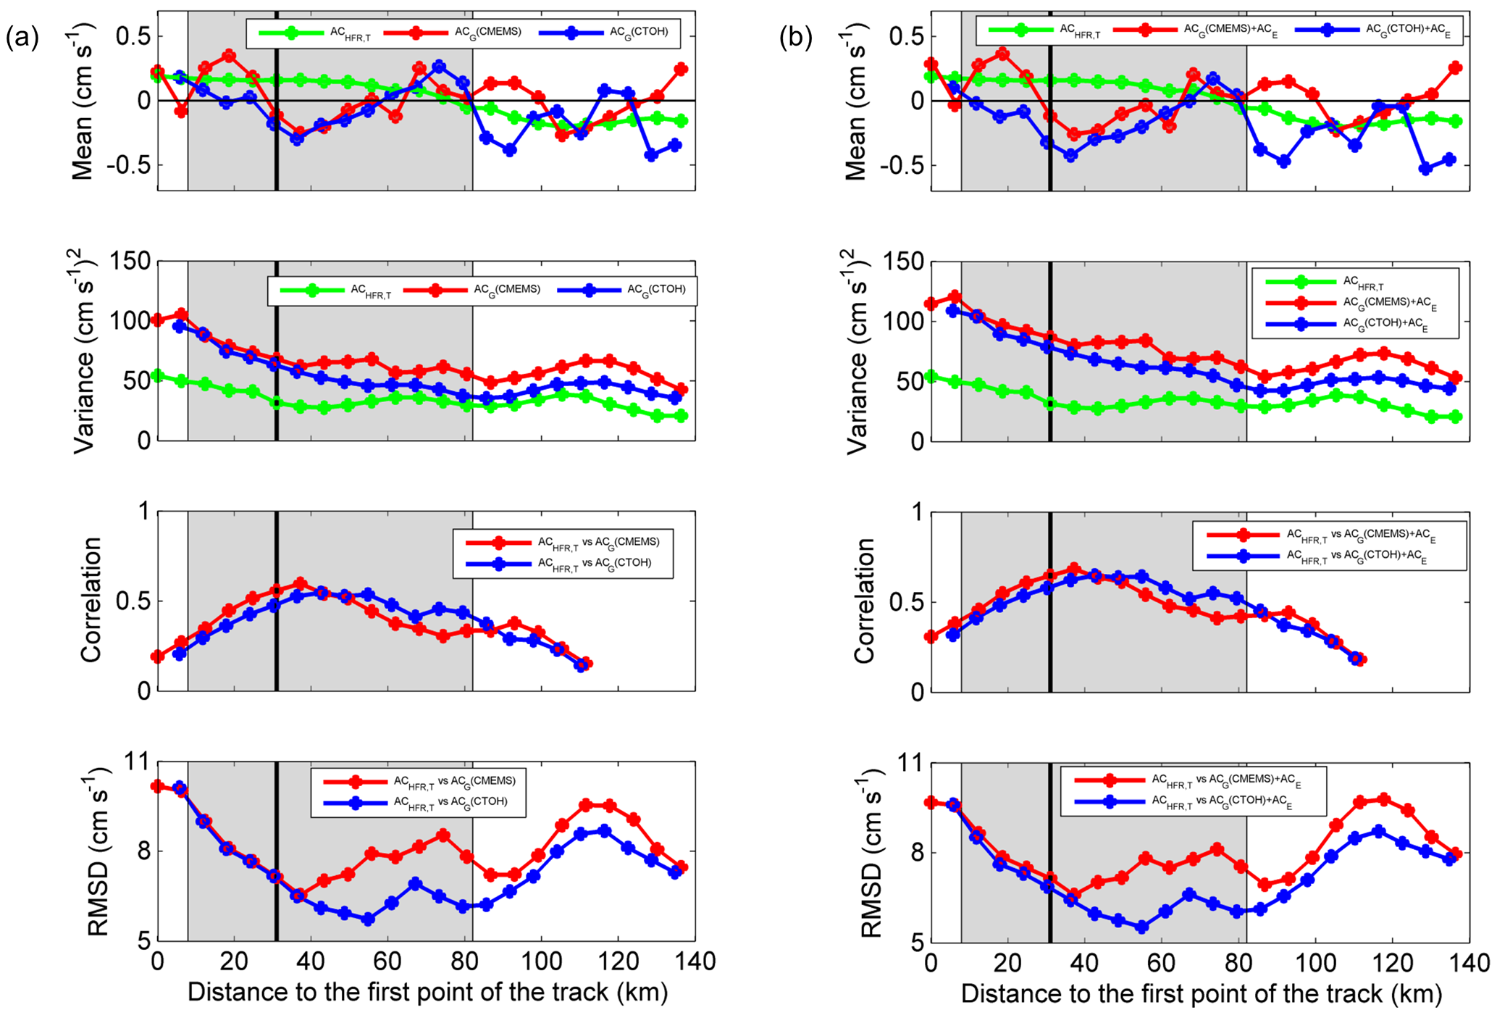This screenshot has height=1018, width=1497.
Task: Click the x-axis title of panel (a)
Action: (x=427, y=992)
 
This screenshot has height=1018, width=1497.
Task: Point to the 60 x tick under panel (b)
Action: (x=1162, y=963)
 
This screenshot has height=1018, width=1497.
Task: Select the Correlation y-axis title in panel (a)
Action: (x=91, y=601)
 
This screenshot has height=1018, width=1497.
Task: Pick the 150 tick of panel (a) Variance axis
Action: (x=130, y=262)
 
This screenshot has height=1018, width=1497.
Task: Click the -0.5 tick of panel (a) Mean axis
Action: (x=126, y=164)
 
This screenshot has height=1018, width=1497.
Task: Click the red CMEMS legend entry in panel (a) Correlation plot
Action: (x=597, y=542)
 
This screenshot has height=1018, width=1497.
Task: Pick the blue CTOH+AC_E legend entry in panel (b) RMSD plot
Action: (x=1225, y=803)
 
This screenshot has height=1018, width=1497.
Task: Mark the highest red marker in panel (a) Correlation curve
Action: (x=300, y=583)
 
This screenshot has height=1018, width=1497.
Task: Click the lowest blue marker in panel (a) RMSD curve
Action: (x=368, y=919)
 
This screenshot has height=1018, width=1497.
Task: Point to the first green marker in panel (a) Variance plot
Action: (x=157, y=375)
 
